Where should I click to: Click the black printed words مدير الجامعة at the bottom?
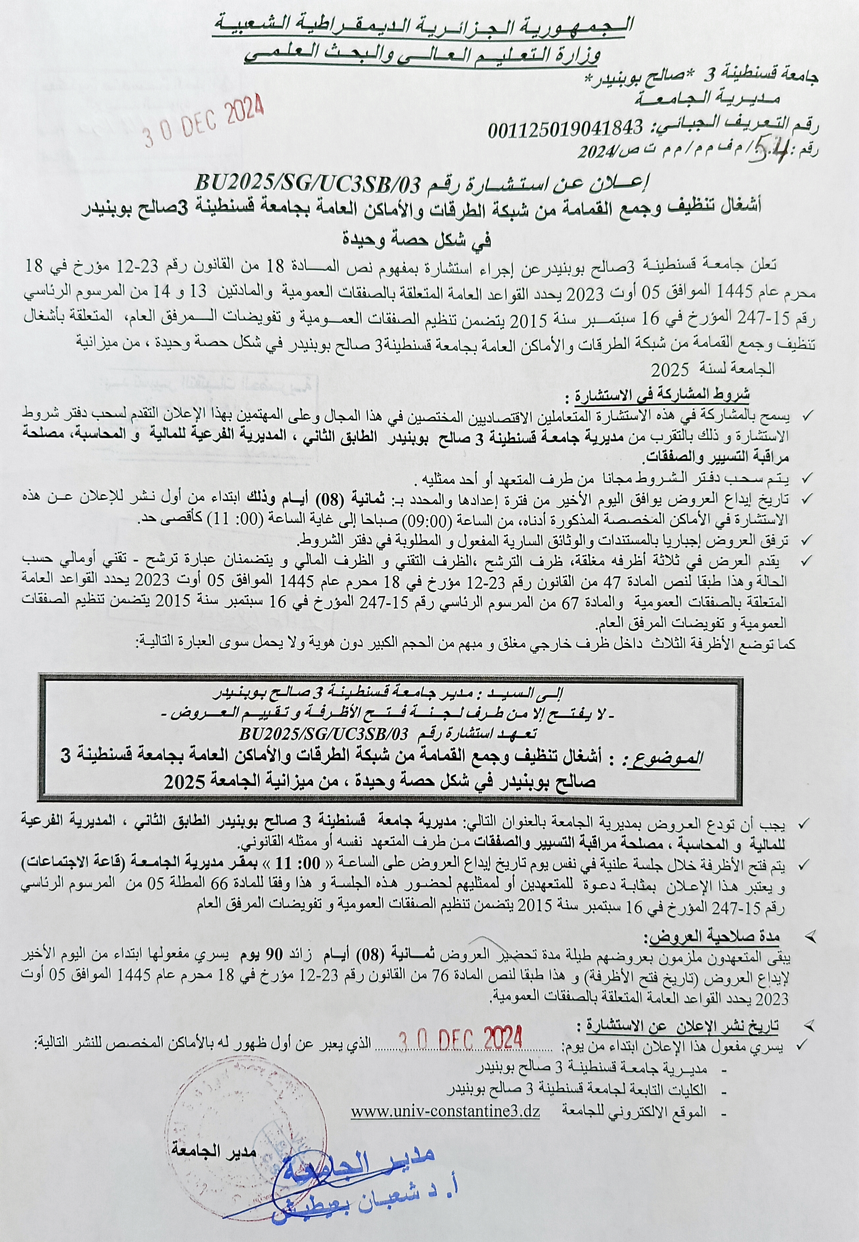pyautogui.click(x=214, y=1151)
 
